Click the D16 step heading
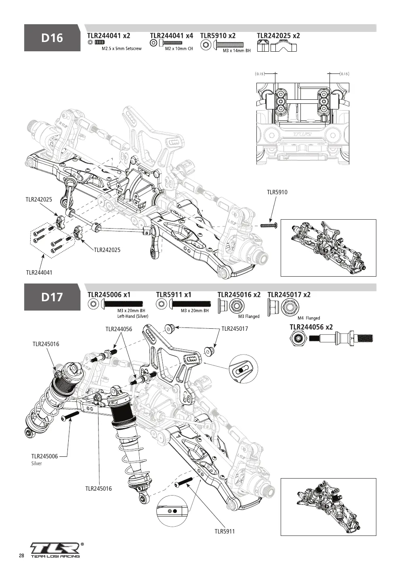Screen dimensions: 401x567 pos(52,38)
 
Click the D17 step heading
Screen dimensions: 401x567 pos(52,297)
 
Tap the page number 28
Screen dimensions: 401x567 pos(21,556)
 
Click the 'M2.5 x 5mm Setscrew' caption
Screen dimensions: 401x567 pos(122,48)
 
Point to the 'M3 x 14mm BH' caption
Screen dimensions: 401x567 pos(237,50)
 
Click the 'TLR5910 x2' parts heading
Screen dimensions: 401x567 pos(218,36)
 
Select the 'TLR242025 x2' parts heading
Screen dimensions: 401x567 pos(279,36)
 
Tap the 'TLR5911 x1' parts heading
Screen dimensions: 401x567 pos(174,295)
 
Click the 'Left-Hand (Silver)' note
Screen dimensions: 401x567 pos(132,316)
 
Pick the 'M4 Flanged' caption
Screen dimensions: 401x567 pos(309,318)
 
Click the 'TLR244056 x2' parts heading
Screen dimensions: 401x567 pos(311,327)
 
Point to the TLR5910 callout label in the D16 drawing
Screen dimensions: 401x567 pos(277,192)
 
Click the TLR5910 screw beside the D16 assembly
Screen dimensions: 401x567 pos(269,225)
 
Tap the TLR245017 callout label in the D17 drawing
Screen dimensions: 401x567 pos(235,329)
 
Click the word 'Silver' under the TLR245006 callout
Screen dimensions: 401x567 pos(36,464)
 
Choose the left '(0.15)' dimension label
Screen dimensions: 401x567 pos(260,74)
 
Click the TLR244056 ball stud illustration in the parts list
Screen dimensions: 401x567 pos(332,338)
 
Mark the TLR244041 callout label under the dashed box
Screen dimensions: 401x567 pos(39,273)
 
